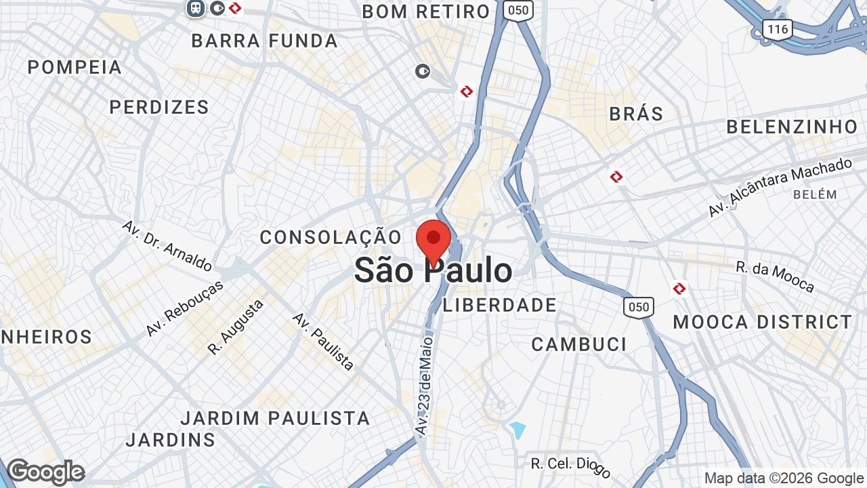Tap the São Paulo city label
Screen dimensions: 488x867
click(433, 271)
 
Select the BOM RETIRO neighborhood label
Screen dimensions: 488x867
click(426, 12)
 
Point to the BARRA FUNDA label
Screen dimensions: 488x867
click(265, 41)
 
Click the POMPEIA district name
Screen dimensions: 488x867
click(75, 67)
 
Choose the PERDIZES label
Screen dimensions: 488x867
click(159, 107)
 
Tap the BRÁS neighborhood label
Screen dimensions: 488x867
click(636, 113)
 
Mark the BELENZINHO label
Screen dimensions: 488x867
click(792, 127)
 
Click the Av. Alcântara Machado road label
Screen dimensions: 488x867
click(780, 188)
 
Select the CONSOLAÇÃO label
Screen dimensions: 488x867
click(331, 237)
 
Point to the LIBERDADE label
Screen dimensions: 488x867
click(500, 305)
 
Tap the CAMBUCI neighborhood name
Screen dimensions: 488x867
click(579, 344)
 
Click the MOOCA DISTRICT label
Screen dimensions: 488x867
click(763, 322)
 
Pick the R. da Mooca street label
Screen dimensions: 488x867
click(775, 277)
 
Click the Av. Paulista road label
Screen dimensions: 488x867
click(323, 342)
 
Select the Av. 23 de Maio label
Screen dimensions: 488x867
click(424, 384)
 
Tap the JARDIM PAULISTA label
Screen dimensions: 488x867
click(276, 418)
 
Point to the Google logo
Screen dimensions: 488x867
click(46, 472)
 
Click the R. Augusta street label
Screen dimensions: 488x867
click(236, 327)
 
